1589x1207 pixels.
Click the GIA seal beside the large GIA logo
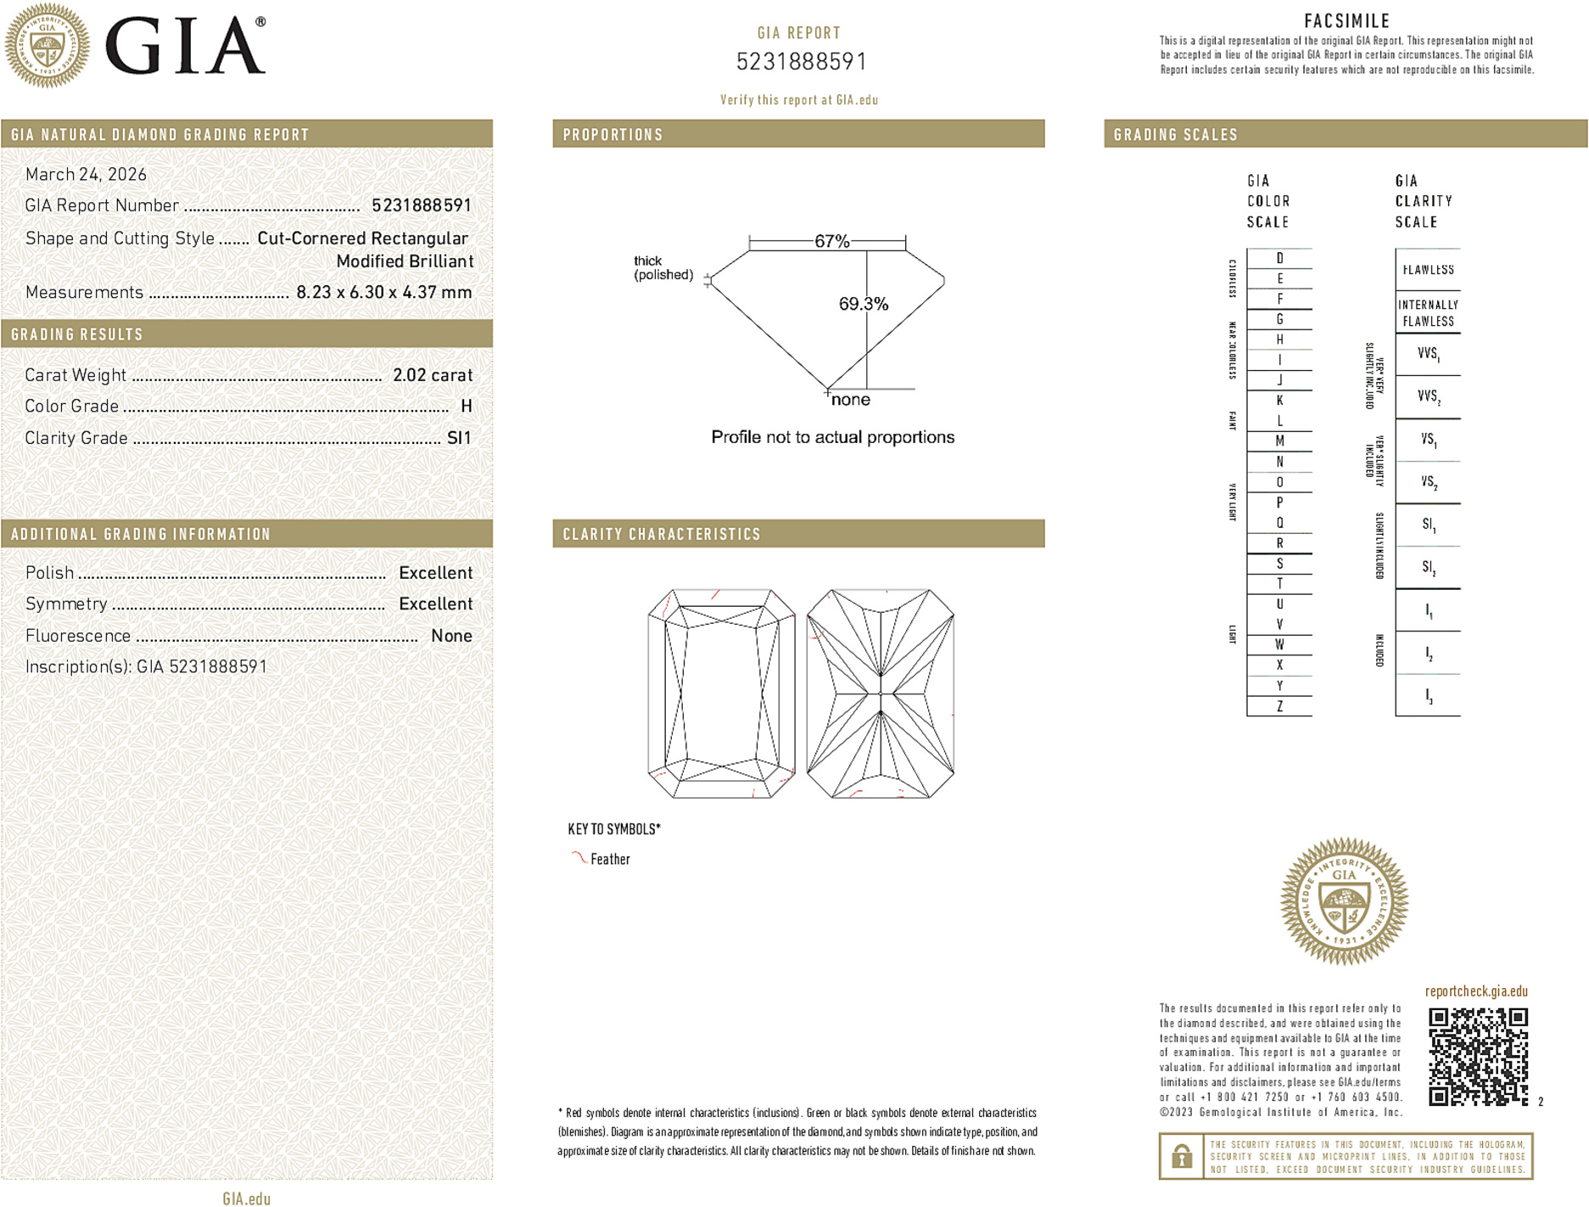click(x=48, y=46)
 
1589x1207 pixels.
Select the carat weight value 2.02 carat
click(x=432, y=375)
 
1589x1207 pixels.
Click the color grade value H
click(x=466, y=407)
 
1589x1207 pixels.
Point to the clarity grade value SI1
click(x=459, y=438)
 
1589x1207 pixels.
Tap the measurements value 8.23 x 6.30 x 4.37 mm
click(x=383, y=293)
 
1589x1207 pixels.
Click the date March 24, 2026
click(x=86, y=175)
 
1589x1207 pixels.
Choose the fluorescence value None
click(x=451, y=636)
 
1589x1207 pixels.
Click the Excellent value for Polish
click(x=435, y=573)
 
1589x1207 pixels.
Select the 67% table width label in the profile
click(x=831, y=242)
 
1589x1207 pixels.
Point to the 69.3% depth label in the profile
click(x=863, y=304)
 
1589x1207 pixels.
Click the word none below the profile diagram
click(x=850, y=400)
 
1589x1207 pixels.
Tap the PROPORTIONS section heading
click(x=613, y=135)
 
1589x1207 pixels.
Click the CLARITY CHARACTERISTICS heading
click(x=662, y=534)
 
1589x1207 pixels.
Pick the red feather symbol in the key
click(x=579, y=858)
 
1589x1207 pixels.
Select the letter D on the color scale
click(x=1279, y=258)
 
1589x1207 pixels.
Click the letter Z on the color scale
click(x=1279, y=706)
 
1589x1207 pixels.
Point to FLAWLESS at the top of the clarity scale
click(x=1428, y=270)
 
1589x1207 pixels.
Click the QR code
click(x=1478, y=1057)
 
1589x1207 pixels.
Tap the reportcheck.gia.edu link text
click(x=1476, y=991)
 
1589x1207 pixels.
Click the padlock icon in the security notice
click(x=1181, y=1156)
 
